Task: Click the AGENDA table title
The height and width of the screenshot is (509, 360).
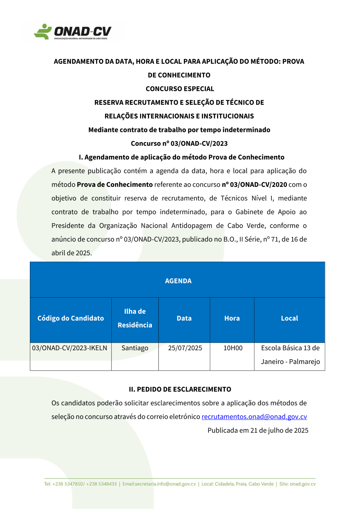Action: [178, 281]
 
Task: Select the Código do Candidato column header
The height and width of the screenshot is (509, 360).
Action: [71, 318]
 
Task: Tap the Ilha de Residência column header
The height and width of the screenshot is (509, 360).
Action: [135, 318]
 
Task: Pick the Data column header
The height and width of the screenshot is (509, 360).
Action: [184, 318]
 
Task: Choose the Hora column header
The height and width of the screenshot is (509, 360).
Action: [232, 318]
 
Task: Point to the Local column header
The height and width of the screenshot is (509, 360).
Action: [289, 318]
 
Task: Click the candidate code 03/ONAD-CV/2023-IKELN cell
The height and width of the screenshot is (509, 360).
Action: [69, 348]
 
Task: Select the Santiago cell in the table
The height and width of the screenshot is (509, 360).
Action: [135, 348]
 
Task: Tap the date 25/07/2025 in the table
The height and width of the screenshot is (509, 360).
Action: [185, 348]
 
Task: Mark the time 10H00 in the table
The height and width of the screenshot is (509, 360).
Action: [233, 348]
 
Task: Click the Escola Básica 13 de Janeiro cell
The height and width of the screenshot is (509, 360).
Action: [290, 355]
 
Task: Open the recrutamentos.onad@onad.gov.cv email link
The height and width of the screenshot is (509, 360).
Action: [254, 417]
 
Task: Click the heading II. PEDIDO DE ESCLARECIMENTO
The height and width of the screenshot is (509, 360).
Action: [180, 389]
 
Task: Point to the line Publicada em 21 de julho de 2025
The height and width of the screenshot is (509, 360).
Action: [258, 431]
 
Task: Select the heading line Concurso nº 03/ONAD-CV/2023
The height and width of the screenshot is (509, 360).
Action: [179, 144]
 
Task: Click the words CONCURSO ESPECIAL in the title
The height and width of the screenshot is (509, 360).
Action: [180, 89]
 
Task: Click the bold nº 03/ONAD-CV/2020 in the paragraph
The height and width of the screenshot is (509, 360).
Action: [254, 185]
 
